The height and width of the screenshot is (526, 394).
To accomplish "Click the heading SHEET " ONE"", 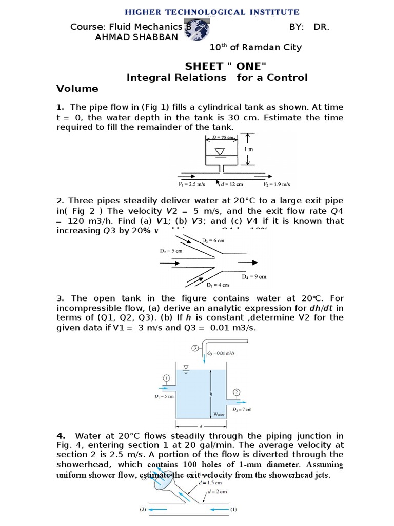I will click(226, 66).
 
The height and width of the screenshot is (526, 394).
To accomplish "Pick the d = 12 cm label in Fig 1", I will click(231, 184).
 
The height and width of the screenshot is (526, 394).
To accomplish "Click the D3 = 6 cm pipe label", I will click(213, 240).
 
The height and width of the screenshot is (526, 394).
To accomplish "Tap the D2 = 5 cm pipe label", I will click(167, 251).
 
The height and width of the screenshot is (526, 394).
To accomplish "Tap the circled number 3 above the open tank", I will click(195, 348).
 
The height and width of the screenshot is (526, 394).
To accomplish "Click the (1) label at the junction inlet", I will click(233, 510).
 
